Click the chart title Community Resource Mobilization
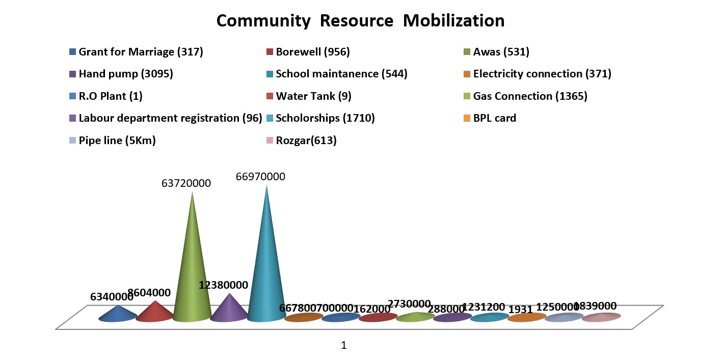[360, 21]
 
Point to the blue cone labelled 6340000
[118, 314]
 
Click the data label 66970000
[260, 177]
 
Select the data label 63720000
[186, 183]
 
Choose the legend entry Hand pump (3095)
[126, 74]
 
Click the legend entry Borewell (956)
[312, 51]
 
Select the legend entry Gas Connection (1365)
[530, 96]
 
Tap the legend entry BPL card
[494, 118]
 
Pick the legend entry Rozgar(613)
[306, 141]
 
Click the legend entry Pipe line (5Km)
[117, 141]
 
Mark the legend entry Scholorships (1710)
[325, 118]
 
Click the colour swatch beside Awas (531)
[466, 52]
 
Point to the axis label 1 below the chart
[343, 345]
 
